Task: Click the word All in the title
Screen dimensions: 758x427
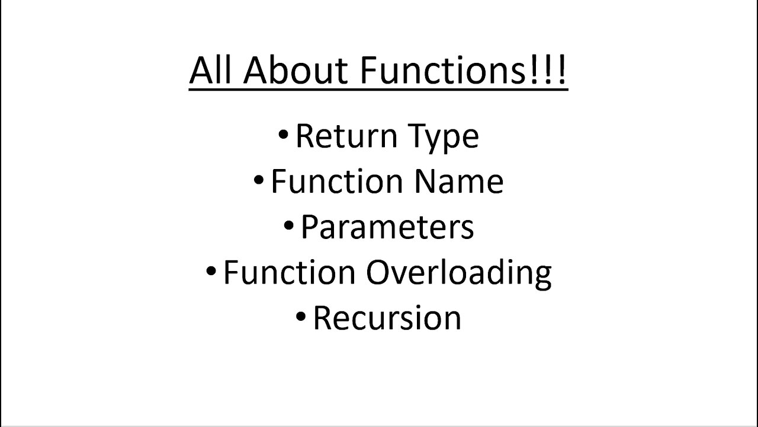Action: pyautogui.click(x=210, y=70)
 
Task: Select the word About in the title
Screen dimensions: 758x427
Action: pyautogui.click(x=296, y=70)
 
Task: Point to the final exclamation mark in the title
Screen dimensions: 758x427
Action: pyautogui.click(x=561, y=70)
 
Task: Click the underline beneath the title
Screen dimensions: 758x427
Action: pyautogui.click(x=378, y=90)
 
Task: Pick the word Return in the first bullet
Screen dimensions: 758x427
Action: pyautogui.click(x=347, y=136)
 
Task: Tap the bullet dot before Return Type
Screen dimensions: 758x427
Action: pyautogui.click(x=283, y=134)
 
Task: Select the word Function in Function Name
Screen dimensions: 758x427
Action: pyautogui.click(x=338, y=181)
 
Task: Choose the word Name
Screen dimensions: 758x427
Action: pyautogui.click(x=459, y=181)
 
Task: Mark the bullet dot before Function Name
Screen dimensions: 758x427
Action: pyautogui.click(x=259, y=180)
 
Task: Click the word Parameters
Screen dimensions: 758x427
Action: pyautogui.click(x=387, y=227)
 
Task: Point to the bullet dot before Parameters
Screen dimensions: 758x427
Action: pyautogui.click(x=288, y=226)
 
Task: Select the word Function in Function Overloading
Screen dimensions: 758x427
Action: pyautogui.click(x=290, y=272)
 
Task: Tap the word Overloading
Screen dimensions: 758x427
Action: pyautogui.click(x=459, y=275)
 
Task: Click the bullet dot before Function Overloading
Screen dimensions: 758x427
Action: pyautogui.click(x=211, y=271)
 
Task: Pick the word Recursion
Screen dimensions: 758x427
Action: pyautogui.click(x=387, y=318)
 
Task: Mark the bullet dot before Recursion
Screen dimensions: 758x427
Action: pyautogui.click(x=301, y=317)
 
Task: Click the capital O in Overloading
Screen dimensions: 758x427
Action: pyautogui.click(x=378, y=272)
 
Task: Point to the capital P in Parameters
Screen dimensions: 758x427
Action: pyautogui.click(x=310, y=227)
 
